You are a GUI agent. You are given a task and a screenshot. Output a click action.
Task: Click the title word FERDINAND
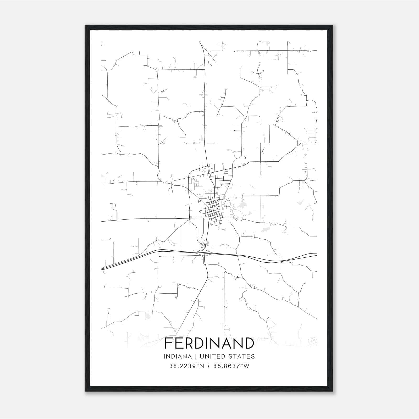[209, 343]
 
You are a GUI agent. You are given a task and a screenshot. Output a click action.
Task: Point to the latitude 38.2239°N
[186, 366]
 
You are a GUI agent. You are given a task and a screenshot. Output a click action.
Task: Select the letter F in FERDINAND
[168, 343]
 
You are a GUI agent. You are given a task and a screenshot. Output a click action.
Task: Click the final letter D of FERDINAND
[249, 343]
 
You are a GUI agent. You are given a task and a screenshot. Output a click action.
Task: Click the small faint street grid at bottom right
[313, 341]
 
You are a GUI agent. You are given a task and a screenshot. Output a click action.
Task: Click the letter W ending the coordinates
[246, 366]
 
